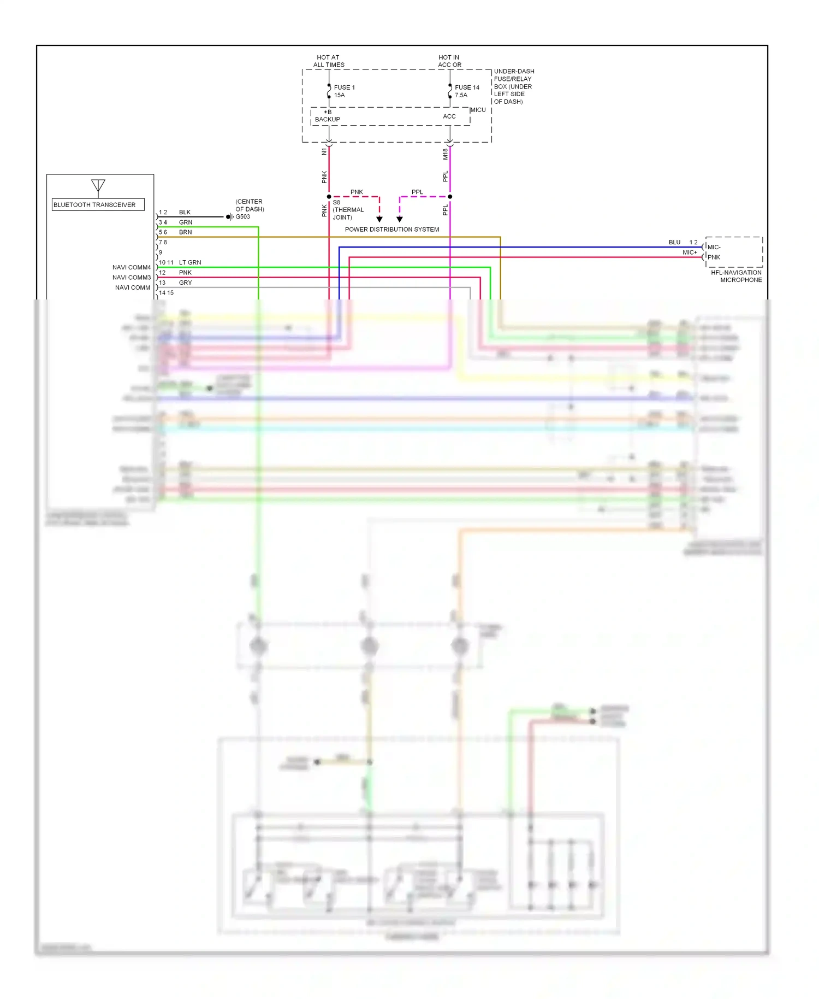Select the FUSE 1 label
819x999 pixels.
(x=344, y=87)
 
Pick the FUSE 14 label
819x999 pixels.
(x=467, y=87)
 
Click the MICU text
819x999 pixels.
(x=478, y=110)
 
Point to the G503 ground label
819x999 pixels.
(x=242, y=217)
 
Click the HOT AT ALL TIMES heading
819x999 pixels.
(x=328, y=61)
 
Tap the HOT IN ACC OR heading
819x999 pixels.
(x=449, y=61)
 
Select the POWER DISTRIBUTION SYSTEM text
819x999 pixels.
(x=391, y=230)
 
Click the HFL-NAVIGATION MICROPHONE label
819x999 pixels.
(x=736, y=276)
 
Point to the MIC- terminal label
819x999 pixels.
(x=714, y=247)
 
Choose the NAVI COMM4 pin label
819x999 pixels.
(x=131, y=267)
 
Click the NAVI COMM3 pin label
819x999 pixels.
(x=131, y=278)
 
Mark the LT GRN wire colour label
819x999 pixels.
(x=190, y=262)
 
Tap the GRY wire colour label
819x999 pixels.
(x=185, y=283)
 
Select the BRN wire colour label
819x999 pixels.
(x=185, y=232)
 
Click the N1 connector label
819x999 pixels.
(x=324, y=151)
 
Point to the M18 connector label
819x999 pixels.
(x=446, y=154)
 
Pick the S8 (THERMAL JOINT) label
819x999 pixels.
(x=348, y=210)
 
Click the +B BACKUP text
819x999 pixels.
(x=328, y=116)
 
